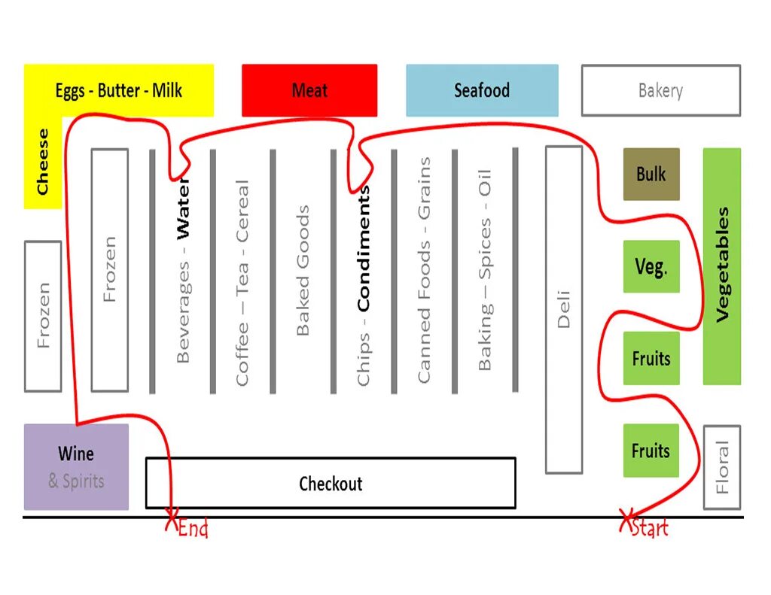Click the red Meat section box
[309, 90]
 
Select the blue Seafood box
[482, 90]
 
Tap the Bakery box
[660, 90]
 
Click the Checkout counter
[331, 483]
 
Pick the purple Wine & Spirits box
[76, 466]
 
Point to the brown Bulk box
[651, 174]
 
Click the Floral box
[722, 467]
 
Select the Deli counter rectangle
[564, 309]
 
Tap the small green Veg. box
[651, 266]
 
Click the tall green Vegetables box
[722, 266]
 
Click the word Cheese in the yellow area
[43, 162]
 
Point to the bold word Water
[183, 210]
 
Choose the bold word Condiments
[364, 248]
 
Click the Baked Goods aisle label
[303, 270]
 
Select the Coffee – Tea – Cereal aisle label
[242, 283]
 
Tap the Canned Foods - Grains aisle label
[425, 270]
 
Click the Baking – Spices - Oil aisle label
[485, 270]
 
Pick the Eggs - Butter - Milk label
[119, 91]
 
